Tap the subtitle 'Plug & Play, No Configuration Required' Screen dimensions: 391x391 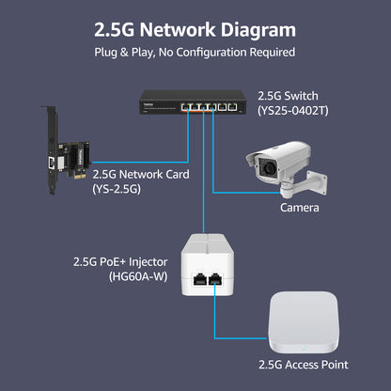195,52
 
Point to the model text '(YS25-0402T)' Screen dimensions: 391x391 293,112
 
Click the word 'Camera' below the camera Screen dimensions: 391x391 299,207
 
